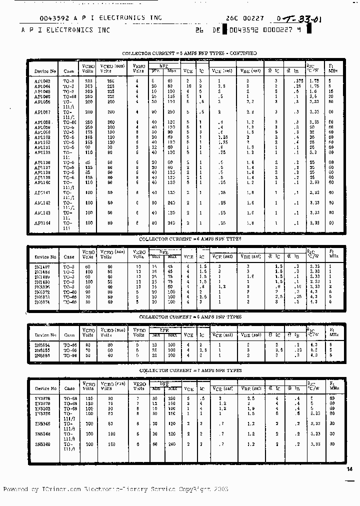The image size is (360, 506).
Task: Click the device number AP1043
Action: [x=42, y=80]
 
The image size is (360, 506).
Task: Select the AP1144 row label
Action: [x=42, y=223]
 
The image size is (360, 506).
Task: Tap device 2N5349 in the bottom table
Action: [x=42, y=444]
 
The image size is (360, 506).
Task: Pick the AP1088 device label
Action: [x=43, y=122]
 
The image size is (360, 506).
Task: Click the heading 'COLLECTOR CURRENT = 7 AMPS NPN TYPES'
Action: [x=190, y=370]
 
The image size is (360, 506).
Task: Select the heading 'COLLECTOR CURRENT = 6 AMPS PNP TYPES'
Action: [x=190, y=317]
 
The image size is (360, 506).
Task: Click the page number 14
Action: [x=349, y=468]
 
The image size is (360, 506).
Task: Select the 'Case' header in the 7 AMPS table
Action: [x=69, y=388]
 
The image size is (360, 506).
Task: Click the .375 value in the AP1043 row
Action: [x=299, y=80]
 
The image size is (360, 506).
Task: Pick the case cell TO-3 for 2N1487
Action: [x=69, y=267]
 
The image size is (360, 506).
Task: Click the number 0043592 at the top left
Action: [x=38, y=18]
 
